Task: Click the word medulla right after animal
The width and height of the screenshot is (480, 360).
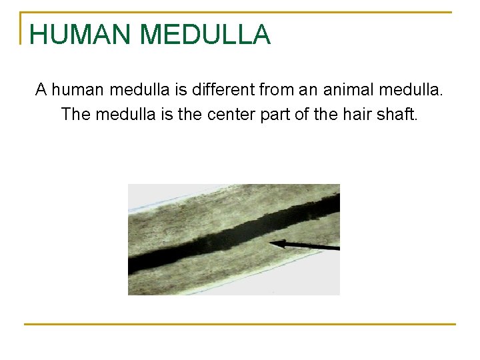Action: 411,89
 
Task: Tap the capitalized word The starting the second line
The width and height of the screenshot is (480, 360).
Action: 76,114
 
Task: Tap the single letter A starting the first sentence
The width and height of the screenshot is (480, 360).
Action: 41,89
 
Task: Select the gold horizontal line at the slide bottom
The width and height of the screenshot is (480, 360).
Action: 240,324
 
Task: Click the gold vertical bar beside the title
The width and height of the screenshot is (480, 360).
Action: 22,28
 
